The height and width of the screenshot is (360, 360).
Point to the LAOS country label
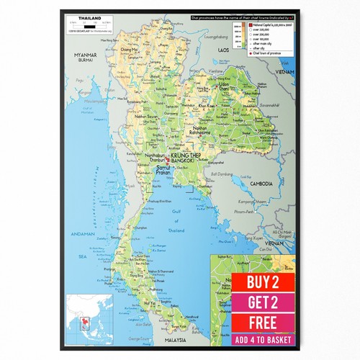(x=224, y=51)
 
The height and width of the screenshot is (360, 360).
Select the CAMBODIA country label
(x=260, y=184)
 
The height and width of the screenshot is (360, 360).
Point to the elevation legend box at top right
(x=263, y=39)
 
